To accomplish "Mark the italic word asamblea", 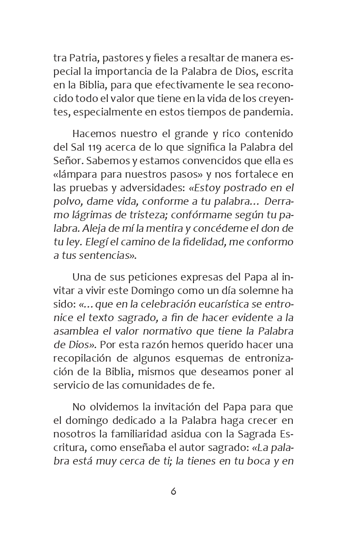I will (x=74, y=331).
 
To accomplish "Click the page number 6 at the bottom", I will (x=173, y=492).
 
